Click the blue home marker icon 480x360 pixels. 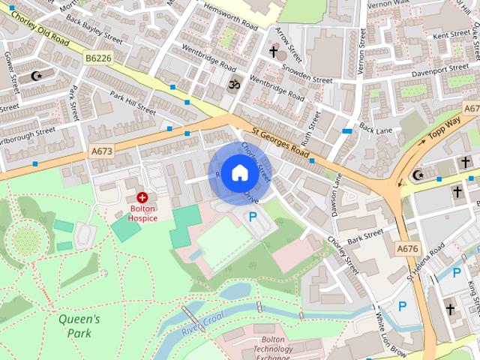[x=239, y=172]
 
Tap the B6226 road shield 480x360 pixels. [x=97, y=57]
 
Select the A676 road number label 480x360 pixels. [x=407, y=248]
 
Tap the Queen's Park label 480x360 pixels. [x=79, y=325]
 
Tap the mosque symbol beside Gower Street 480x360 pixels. [x=37, y=76]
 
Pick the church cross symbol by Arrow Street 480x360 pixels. [x=274, y=52]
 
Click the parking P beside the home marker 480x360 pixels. [x=253, y=217]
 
